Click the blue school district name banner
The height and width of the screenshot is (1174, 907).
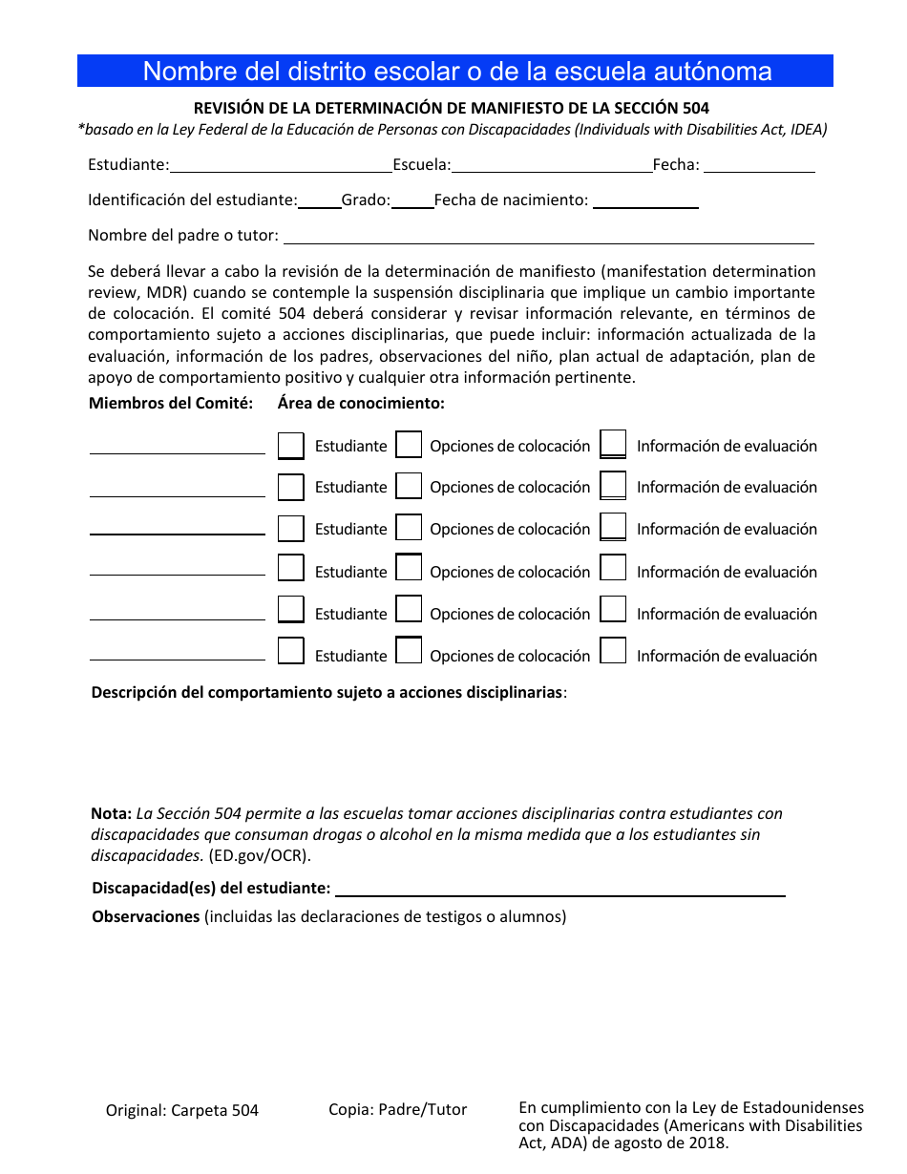pos(454,72)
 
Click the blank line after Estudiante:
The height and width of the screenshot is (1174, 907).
pos(281,166)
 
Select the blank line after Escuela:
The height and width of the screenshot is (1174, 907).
pos(552,166)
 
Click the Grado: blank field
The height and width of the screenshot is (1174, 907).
pos(412,201)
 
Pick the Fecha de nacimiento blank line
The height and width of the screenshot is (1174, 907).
pos(645,201)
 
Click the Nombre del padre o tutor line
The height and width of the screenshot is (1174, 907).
pos(549,237)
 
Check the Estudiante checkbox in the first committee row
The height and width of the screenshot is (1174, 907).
pos(291,446)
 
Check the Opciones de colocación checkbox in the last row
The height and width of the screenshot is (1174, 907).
pos(409,652)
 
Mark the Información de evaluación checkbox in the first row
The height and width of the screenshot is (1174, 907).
pos(613,445)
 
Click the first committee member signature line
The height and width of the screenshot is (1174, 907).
pos(178,449)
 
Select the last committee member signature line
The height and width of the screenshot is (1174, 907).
pos(178,655)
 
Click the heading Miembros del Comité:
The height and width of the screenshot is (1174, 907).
pos(171,403)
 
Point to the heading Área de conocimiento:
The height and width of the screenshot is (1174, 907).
pos(361,403)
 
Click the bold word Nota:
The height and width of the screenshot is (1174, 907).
pos(111,814)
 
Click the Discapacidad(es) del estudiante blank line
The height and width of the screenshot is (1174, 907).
pos(559,890)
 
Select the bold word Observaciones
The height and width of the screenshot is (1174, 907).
pos(145,917)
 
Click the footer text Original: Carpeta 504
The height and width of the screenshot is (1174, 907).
pos(182,1111)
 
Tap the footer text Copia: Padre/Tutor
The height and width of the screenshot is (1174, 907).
pos(398,1110)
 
